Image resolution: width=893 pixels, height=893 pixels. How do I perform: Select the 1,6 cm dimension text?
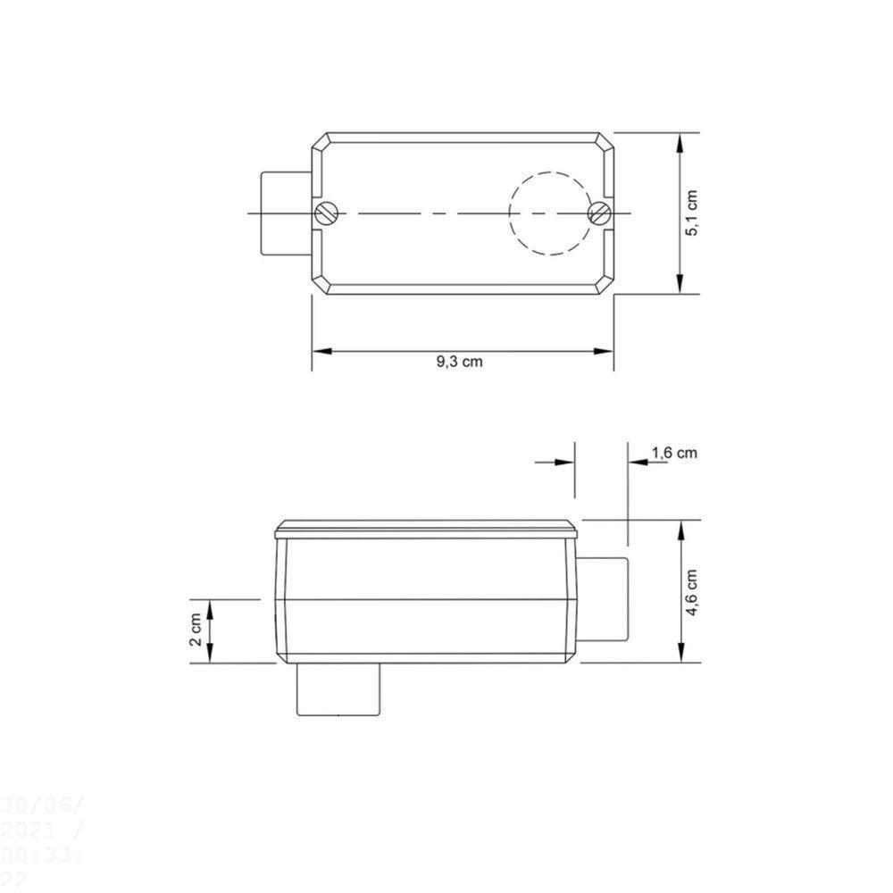click(674, 453)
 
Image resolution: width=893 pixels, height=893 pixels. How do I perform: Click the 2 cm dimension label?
click(196, 631)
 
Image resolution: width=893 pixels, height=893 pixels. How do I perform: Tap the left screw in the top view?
click(326, 213)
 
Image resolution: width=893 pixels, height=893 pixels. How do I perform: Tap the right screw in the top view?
click(599, 213)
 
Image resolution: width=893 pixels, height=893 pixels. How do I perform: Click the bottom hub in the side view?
click(339, 689)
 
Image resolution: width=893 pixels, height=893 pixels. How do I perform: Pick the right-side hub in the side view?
click(604, 597)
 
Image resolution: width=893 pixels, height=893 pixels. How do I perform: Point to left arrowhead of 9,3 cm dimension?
click(318, 351)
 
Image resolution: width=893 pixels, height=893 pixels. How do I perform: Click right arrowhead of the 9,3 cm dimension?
click(606, 351)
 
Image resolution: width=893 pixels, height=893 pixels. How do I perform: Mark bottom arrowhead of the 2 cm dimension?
click(211, 656)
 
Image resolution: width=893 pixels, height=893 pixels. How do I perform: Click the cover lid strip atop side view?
click(427, 527)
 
